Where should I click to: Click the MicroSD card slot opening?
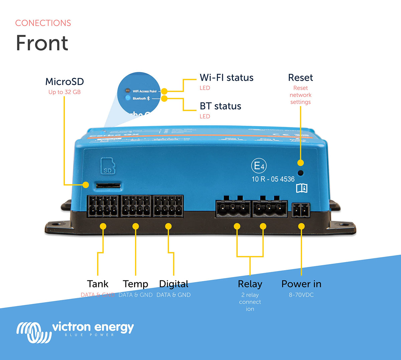[108, 185]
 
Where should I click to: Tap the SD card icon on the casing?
[108, 166]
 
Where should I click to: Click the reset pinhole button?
[300, 173]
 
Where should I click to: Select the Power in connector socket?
[301, 211]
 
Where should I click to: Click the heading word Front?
[42, 43]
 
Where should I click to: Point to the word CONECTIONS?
[43, 23]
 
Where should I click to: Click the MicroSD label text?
[64, 82]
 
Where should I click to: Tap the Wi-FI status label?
[227, 78]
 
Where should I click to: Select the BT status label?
[221, 106]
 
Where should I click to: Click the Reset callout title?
[300, 78]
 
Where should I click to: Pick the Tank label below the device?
[98, 284]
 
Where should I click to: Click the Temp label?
[135, 284]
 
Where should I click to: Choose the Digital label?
[174, 284]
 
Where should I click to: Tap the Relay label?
[250, 284]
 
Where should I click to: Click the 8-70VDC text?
[301, 295]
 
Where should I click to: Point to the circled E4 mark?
[259, 166]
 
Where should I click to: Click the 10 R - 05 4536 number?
[273, 179]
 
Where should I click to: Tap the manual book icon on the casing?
[302, 188]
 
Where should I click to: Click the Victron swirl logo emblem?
[34, 332]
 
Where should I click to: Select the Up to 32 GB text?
[64, 92]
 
